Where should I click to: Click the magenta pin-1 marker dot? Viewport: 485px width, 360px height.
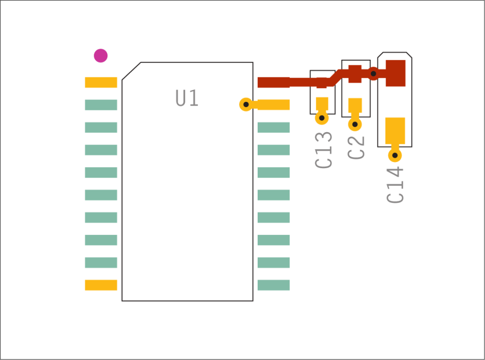(100, 55)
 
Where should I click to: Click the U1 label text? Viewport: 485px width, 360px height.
(187, 99)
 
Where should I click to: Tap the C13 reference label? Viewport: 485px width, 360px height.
(323, 150)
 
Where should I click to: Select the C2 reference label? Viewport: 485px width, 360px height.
(356, 147)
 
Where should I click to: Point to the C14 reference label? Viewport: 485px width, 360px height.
(395, 184)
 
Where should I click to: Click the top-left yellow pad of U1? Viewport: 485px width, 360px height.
(101, 82)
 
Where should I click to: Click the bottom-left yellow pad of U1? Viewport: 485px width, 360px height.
(101, 285)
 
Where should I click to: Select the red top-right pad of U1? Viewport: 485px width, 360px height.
(273, 82)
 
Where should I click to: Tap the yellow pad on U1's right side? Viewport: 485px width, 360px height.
(273, 105)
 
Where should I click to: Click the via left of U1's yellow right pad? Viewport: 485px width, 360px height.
(246, 104)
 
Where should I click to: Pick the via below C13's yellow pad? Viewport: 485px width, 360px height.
(322, 118)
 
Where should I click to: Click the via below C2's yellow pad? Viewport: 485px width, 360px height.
(355, 124)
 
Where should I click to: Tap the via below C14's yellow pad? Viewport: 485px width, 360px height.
(395, 155)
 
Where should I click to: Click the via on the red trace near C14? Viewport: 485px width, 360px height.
(373, 73)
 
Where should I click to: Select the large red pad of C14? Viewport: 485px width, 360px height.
(395, 73)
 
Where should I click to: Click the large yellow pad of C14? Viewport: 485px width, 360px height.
(395, 130)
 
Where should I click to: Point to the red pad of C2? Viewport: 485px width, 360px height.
(355, 73)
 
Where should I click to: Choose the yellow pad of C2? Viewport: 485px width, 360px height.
(355, 105)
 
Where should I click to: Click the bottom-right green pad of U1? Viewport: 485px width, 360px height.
(273, 285)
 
